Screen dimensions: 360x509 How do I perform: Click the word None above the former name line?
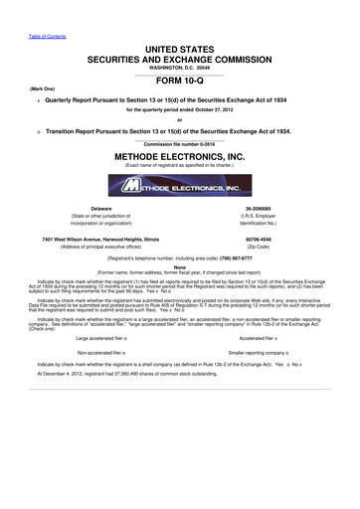pyautogui.click(x=180, y=265)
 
